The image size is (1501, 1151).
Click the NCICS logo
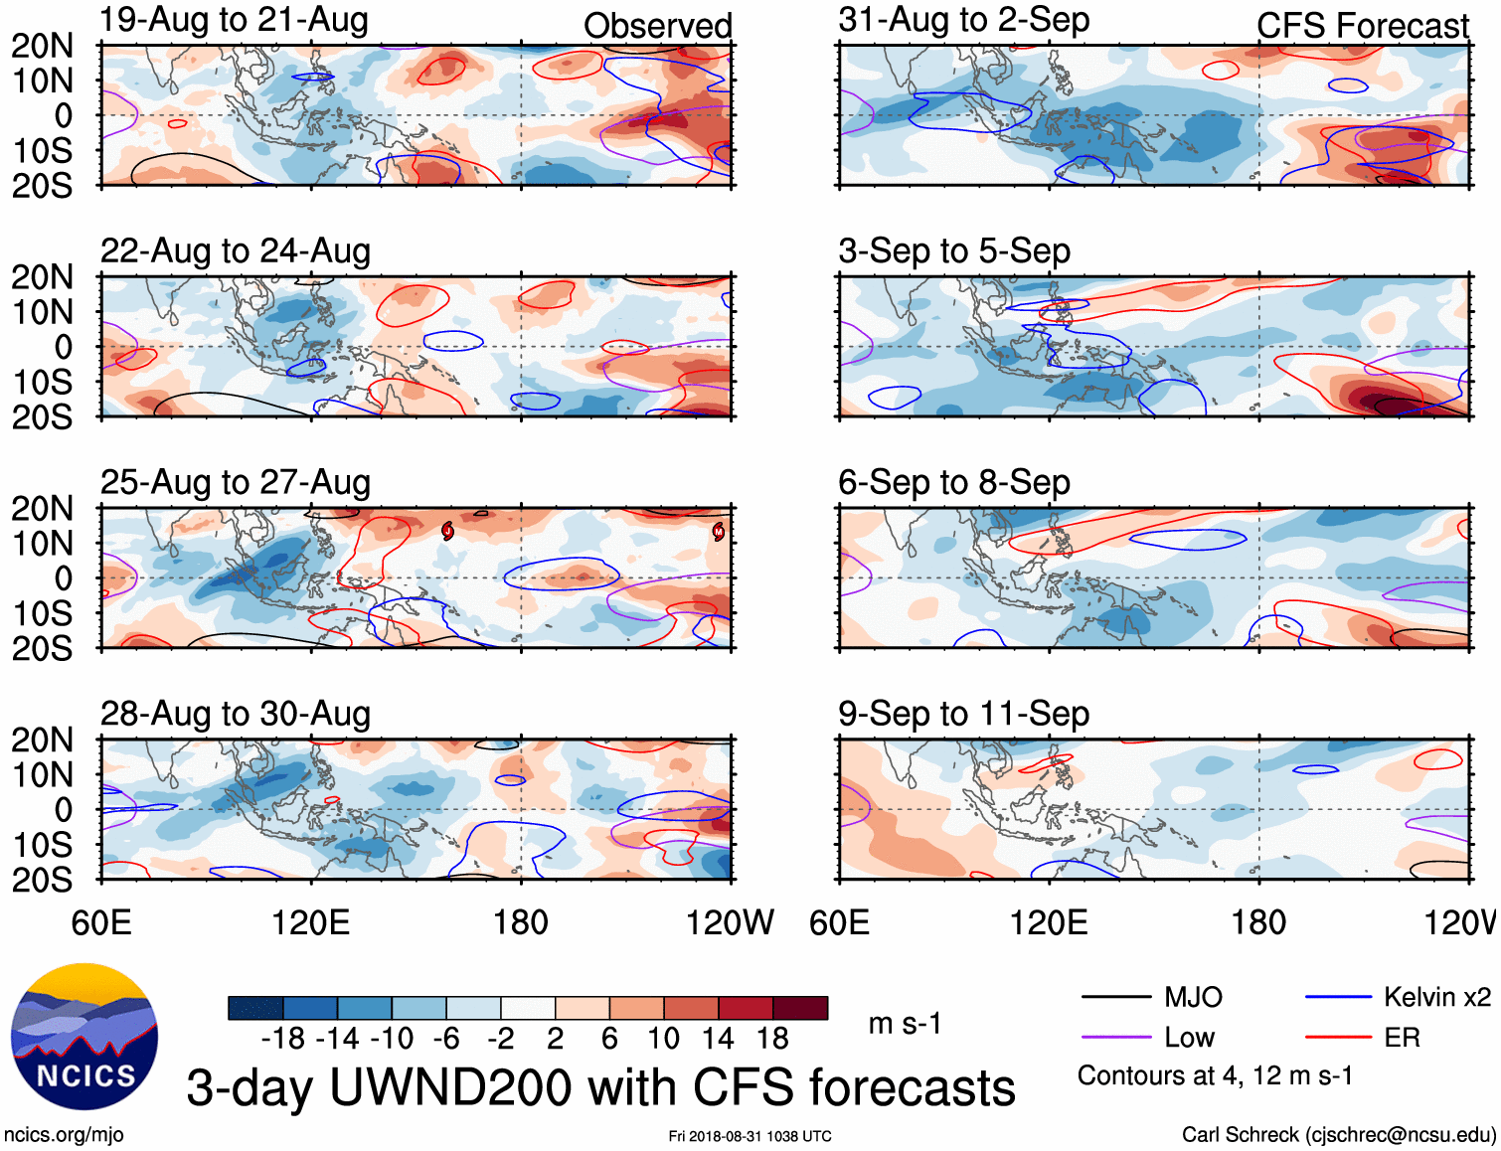pos(84,1037)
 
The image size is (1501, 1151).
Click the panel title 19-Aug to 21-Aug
pos(235,20)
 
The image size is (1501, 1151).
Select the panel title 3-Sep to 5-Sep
pos(954,251)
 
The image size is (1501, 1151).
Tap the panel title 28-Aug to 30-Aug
pos(236,714)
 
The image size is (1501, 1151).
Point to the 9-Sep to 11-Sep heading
pos(964,714)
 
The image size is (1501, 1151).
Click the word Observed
pos(657,26)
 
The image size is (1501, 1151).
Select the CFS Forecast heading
pos(1362,26)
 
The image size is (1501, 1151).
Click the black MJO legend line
pos(1116,997)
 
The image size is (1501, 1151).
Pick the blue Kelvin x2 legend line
pos(1338,997)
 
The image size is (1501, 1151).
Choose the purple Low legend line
pos(1116,1038)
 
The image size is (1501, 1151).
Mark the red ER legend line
pos(1338,1038)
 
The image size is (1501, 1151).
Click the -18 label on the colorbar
pos(283,1039)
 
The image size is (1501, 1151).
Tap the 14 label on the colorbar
pos(718,1039)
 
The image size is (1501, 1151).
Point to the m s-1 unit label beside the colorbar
pos(905,1024)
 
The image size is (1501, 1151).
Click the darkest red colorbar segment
pos(800,1008)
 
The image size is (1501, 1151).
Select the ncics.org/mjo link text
pos(64,1135)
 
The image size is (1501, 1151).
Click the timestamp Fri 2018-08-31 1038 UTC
pos(750,1136)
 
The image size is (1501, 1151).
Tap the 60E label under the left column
pos(101,922)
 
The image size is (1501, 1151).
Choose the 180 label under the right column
pos(1258,922)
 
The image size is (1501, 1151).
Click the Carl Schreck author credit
pos(1338,1135)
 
